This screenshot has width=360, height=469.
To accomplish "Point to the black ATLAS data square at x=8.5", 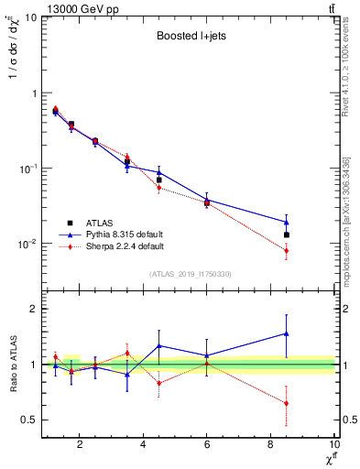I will point(287,235).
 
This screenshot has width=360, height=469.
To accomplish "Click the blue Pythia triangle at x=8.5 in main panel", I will point(287,222).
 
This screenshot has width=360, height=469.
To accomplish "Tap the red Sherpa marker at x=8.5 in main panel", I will point(287,250).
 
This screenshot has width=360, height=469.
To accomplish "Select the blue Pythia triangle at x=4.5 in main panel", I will point(159,172).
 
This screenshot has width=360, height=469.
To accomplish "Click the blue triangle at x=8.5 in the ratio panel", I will point(287,333).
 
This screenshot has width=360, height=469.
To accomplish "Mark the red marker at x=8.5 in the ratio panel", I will point(287,403).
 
